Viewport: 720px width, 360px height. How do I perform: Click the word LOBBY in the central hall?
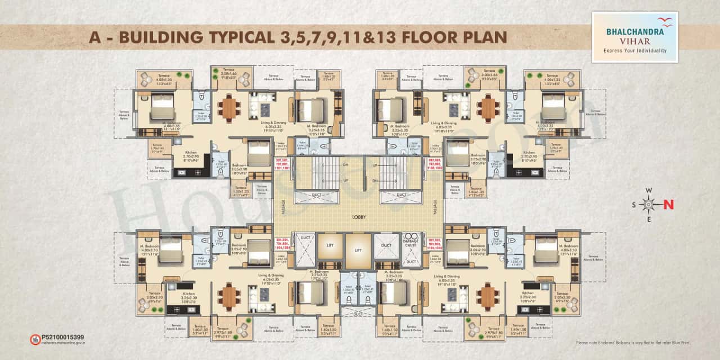(359, 216)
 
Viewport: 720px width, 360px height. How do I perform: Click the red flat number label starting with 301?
(282, 163)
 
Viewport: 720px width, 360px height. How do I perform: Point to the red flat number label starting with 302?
(435, 163)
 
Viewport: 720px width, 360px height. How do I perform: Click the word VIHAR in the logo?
(634, 41)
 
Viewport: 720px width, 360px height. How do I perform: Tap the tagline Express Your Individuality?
(634, 51)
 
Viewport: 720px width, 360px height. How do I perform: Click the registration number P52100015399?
(62, 337)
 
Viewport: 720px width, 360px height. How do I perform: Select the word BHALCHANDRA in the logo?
(630, 31)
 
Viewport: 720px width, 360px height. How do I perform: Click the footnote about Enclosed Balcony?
(633, 343)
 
